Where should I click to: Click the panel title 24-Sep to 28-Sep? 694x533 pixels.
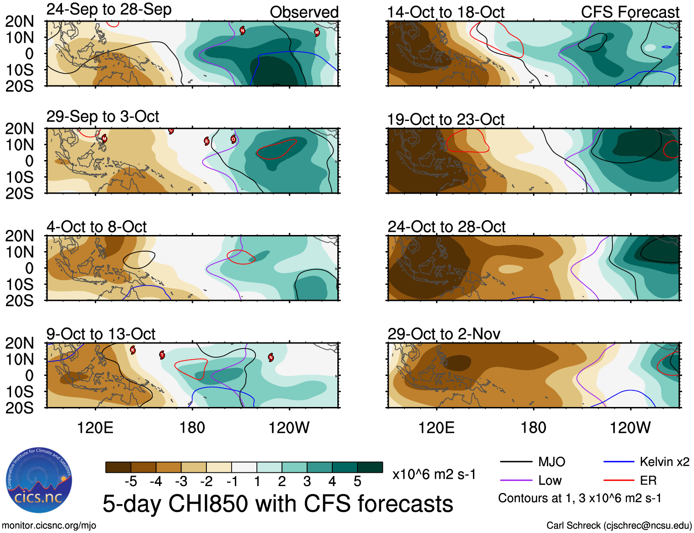click(x=109, y=9)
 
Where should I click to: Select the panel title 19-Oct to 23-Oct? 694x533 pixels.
click(x=446, y=120)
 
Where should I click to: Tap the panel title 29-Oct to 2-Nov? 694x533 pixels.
click(x=444, y=334)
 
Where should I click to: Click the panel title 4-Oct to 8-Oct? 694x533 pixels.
click(x=97, y=227)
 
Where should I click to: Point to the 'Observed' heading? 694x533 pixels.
click(x=304, y=12)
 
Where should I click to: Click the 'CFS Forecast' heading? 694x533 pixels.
click(x=630, y=12)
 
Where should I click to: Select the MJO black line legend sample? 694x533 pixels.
click(x=516, y=462)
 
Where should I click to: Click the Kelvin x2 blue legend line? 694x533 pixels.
click(x=619, y=462)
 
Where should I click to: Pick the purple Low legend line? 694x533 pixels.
click(x=516, y=481)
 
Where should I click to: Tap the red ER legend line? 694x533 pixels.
click(x=619, y=481)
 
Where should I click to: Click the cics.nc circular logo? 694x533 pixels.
click(x=39, y=481)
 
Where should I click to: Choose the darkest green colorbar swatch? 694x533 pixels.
click(x=370, y=467)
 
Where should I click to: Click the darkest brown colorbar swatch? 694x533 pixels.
click(x=118, y=467)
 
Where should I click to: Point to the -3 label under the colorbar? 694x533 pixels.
click(x=181, y=481)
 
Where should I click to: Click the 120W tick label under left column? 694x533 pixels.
click(x=289, y=428)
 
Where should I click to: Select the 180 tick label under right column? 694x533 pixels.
click(x=533, y=428)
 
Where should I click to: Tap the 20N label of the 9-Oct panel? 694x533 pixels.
click(x=19, y=343)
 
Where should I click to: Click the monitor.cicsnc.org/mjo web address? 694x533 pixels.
click(x=49, y=526)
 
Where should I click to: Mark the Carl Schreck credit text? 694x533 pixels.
click(x=619, y=526)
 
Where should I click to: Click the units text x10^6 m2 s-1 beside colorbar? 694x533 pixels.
click(x=434, y=474)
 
